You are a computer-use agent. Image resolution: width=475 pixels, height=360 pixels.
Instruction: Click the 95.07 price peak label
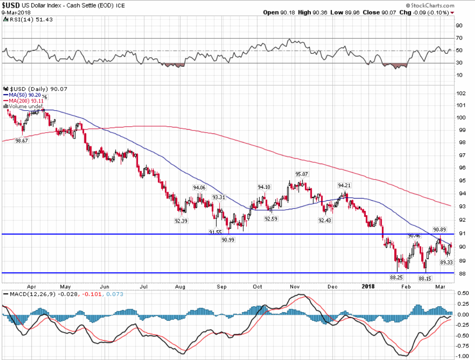point(301,174)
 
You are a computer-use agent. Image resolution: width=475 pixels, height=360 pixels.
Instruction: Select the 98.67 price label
point(22,140)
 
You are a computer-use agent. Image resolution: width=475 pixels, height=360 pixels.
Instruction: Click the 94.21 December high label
point(345,185)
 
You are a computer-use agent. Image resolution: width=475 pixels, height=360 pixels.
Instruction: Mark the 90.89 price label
point(440,230)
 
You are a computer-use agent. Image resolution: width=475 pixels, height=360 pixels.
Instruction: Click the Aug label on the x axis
point(180,286)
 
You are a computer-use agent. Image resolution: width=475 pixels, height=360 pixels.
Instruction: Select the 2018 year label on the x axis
point(368,286)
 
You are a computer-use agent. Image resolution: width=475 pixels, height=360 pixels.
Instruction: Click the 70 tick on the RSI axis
point(459,38)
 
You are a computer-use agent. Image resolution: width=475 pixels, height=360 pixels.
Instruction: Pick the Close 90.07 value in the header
point(377,12)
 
